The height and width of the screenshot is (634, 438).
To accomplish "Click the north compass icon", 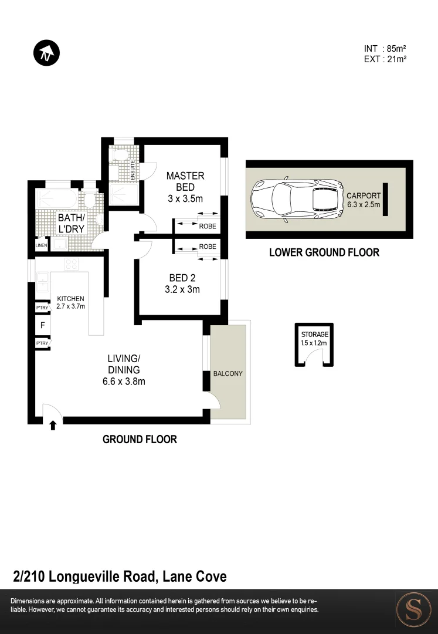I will [46, 53].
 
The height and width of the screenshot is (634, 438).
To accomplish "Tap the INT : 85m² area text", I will [385, 49].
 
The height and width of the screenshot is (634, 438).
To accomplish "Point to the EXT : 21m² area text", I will [385, 59].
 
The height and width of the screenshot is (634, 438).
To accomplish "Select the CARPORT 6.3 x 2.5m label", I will [364, 200].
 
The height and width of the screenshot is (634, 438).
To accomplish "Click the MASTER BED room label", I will [185, 187].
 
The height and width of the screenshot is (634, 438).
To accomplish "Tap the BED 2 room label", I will [182, 283].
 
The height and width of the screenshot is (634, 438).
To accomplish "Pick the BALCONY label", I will [228, 373].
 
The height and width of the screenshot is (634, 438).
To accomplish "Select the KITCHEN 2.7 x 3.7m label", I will [71, 302].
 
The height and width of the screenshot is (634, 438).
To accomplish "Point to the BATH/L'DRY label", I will [71, 223].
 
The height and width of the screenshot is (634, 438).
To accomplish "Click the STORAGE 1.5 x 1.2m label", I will [314, 338].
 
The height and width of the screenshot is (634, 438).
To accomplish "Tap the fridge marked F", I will [43, 325].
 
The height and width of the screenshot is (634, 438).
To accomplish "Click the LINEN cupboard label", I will [41, 245].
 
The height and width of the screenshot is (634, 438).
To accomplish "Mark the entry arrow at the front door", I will [53, 425].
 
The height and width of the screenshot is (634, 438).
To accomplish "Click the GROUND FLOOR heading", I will [140, 439].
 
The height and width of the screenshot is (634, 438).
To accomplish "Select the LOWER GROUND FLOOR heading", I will [324, 252].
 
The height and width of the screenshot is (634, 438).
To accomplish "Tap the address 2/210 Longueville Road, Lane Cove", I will [120, 576].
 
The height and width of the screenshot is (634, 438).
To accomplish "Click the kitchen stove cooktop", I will [71, 264].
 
